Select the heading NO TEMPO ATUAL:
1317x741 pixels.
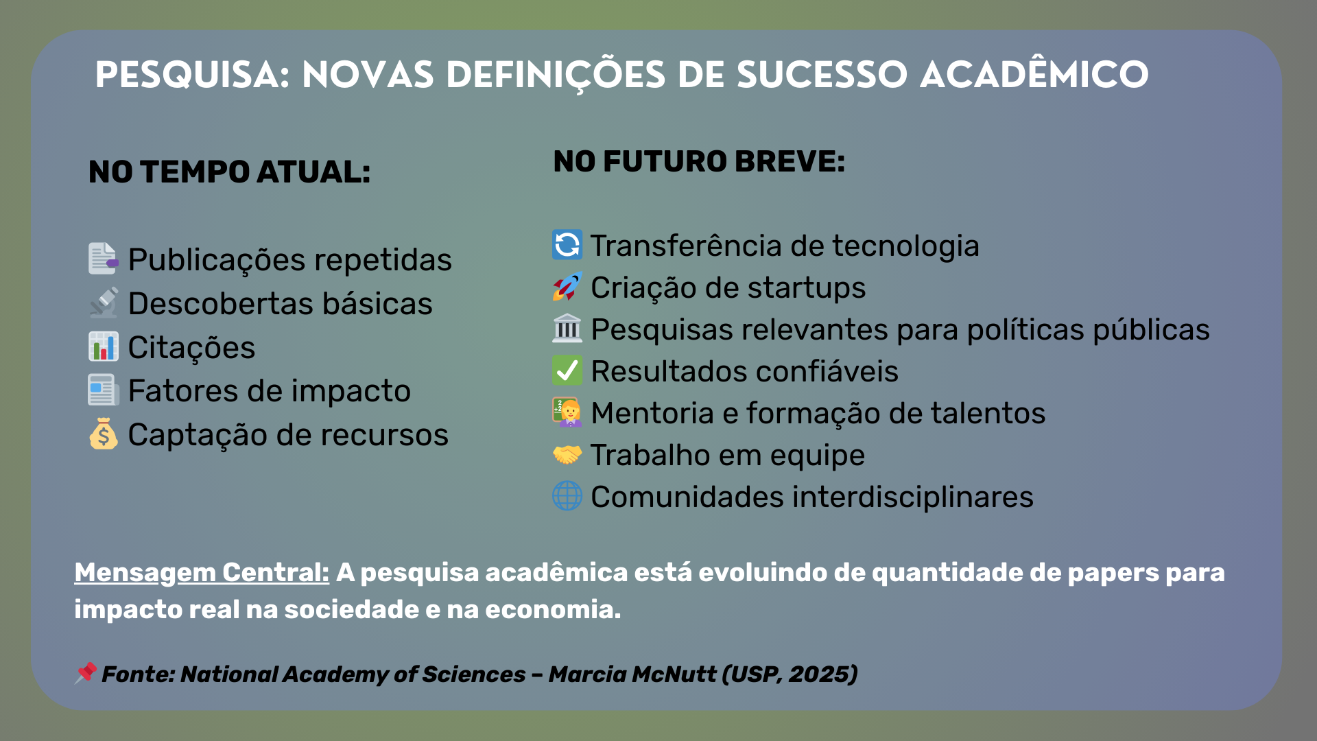230,172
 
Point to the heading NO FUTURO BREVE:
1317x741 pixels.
699,161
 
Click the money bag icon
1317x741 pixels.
104,434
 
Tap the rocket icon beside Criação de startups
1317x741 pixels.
567,287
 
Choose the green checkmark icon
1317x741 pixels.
567,370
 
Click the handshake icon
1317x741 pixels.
567,454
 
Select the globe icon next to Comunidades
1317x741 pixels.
567,496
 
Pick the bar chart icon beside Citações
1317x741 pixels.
104,346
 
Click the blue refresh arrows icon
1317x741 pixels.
567,245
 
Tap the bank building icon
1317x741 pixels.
567,329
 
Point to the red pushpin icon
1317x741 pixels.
86,673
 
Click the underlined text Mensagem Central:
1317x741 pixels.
202,573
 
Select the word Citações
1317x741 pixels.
191,348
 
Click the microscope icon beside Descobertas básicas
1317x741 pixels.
104,303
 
